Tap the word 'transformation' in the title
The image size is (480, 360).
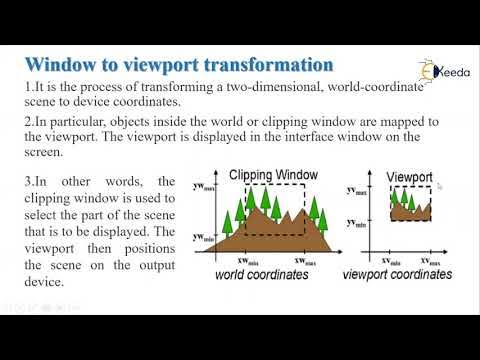coord(275,64)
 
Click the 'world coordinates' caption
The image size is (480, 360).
coord(264,272)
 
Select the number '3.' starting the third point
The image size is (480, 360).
coord(29,181)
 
